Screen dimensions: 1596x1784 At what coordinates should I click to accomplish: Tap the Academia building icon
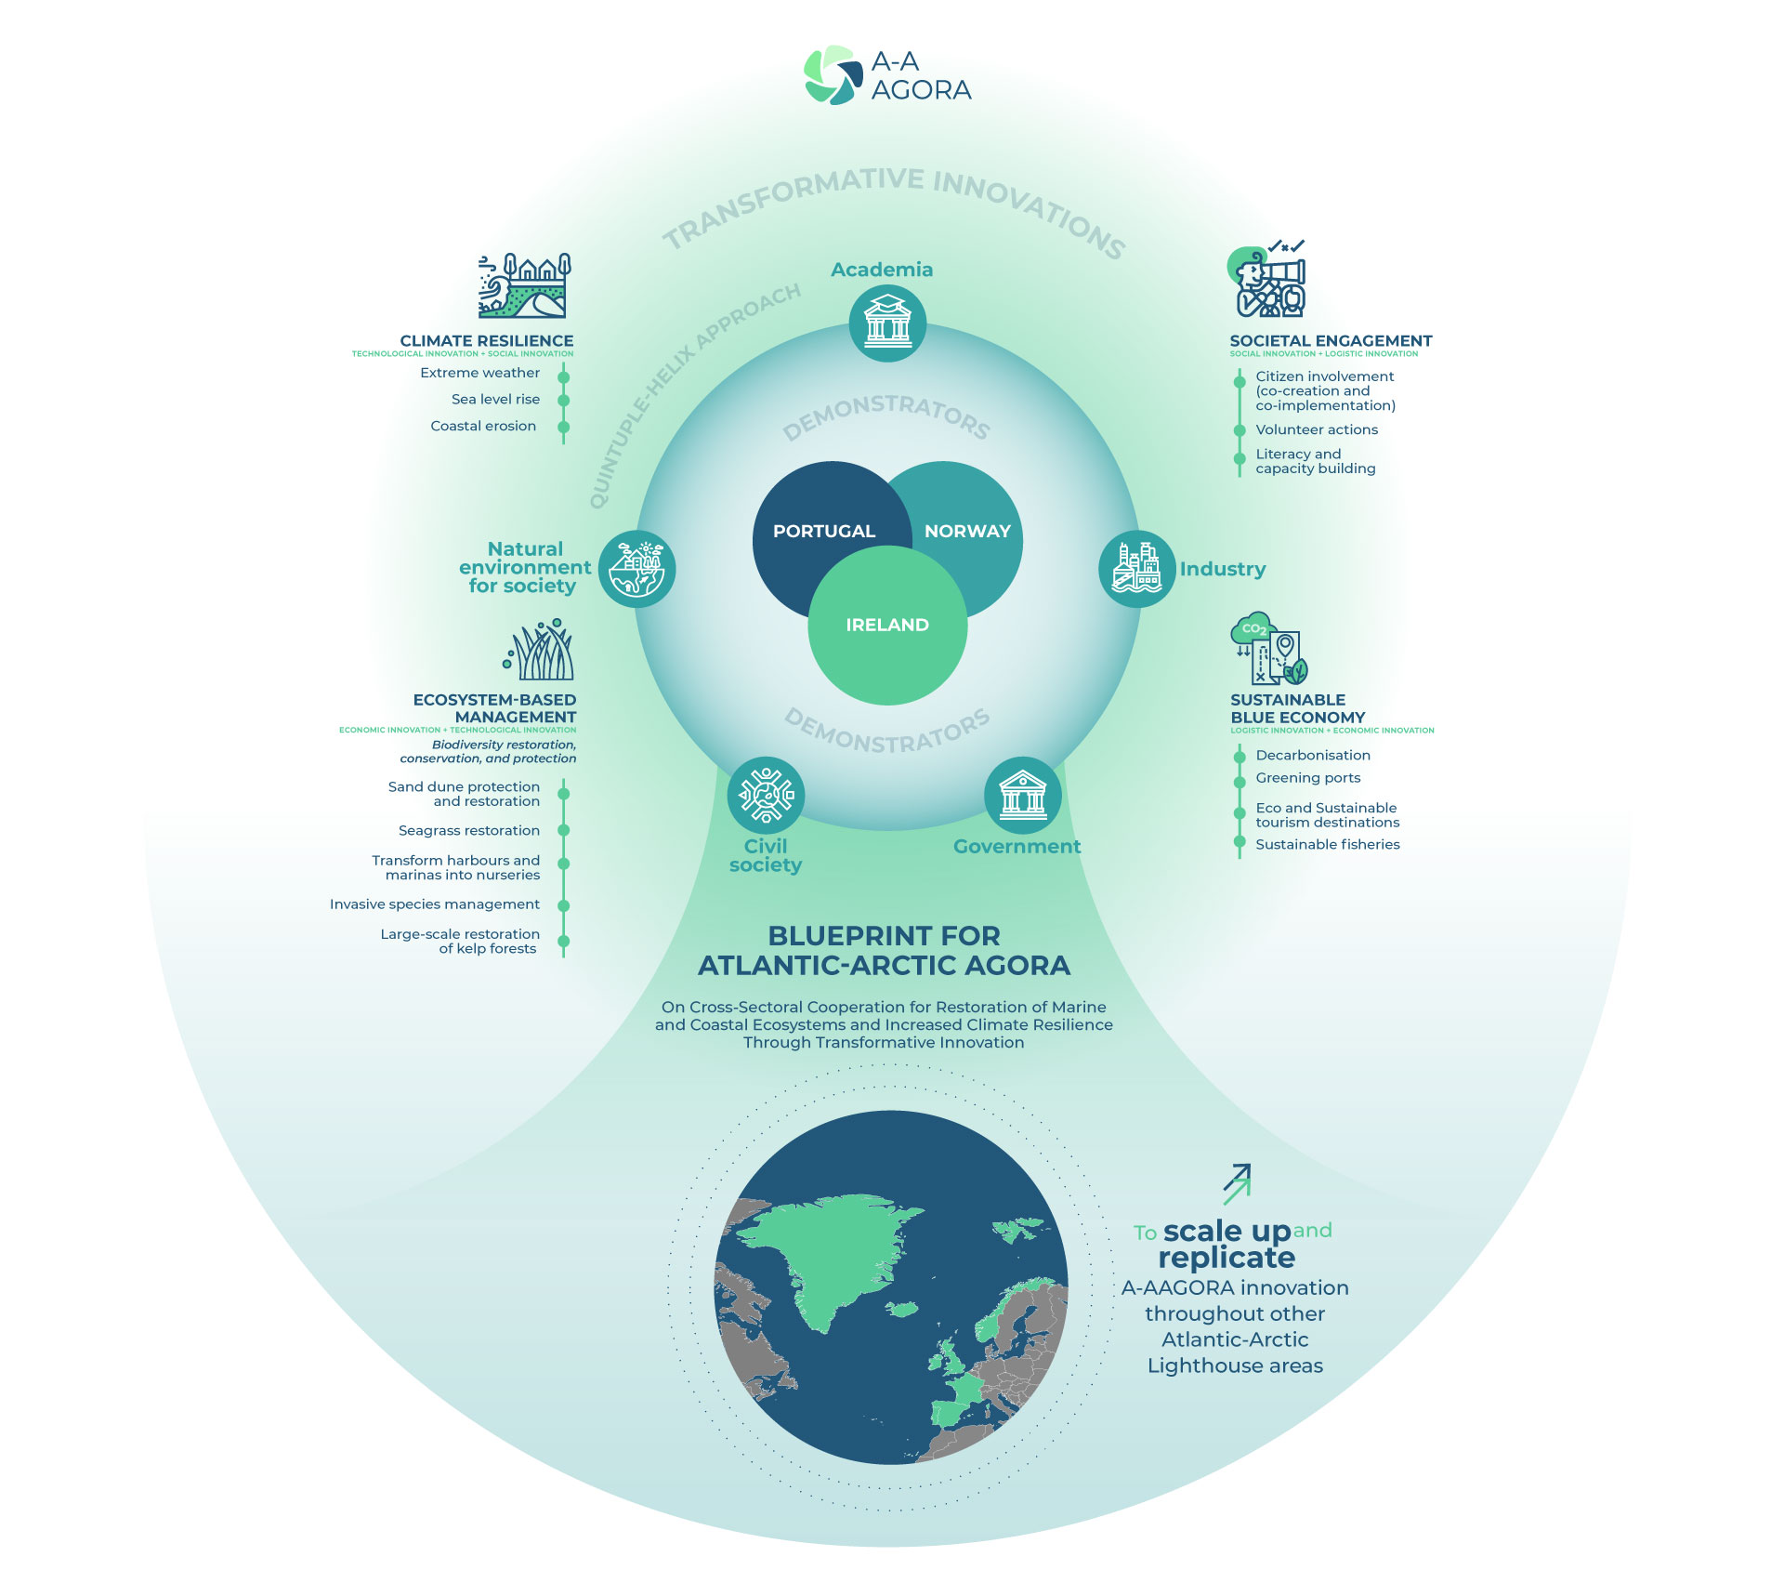[x=887, y=323]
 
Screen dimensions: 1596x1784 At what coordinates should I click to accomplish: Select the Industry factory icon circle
[x=1136, y=569]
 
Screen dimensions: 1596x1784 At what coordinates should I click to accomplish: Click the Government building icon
[x=1022, y=796]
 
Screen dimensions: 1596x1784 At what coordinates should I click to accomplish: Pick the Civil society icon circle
[x=766, y=796]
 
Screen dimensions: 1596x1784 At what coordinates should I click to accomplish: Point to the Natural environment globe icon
[x=636, y=569]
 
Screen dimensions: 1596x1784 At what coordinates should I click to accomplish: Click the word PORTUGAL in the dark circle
[x=824, y=531]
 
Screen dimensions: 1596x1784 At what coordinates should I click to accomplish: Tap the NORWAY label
[x=967, y=531]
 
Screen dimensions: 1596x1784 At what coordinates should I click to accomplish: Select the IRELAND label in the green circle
[x=887, y=625]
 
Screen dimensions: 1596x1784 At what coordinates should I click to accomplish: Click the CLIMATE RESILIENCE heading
[x=487, y=341]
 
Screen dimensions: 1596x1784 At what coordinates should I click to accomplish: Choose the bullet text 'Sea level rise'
[x=495, y=399]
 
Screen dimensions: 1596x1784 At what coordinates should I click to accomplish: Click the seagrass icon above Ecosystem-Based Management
[x=541, y=651]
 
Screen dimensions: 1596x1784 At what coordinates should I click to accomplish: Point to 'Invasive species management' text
[x=434, y=904]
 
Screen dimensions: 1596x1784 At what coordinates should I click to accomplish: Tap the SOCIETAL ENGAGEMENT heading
[x=1331, y=341]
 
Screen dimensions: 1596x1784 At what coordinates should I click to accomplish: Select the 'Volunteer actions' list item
[x=1317, y=429]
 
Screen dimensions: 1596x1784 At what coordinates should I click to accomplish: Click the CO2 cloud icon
[x=1253, y=628]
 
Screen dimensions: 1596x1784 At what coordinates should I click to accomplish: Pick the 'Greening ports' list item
[x=1307, y=778]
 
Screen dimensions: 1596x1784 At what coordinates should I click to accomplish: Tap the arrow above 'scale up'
[x=1237, y=1183]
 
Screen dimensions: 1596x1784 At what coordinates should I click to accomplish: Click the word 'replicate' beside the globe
[x=1226, y=1258]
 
